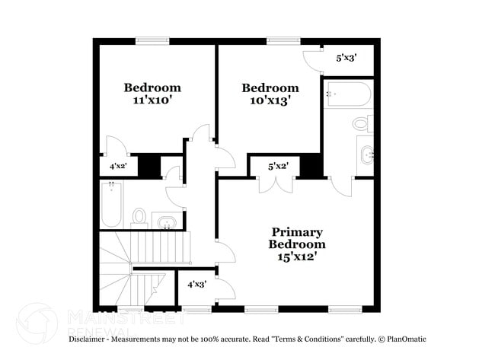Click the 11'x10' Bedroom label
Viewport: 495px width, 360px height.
152,94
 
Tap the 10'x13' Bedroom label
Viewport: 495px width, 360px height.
270,94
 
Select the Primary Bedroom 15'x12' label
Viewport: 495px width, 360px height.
296,244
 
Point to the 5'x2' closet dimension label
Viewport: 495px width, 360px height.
277,166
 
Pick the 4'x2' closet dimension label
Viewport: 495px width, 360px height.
118,165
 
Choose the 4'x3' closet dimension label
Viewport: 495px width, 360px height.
196,284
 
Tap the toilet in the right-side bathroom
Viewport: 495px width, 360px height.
361,123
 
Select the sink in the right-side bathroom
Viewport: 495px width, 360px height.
365,155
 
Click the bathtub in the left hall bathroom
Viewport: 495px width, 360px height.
111,204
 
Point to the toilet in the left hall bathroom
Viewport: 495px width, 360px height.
139,217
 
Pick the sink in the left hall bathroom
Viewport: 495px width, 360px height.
167,221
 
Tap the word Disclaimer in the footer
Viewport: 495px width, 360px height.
91,339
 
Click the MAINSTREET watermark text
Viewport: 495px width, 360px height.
114,314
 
